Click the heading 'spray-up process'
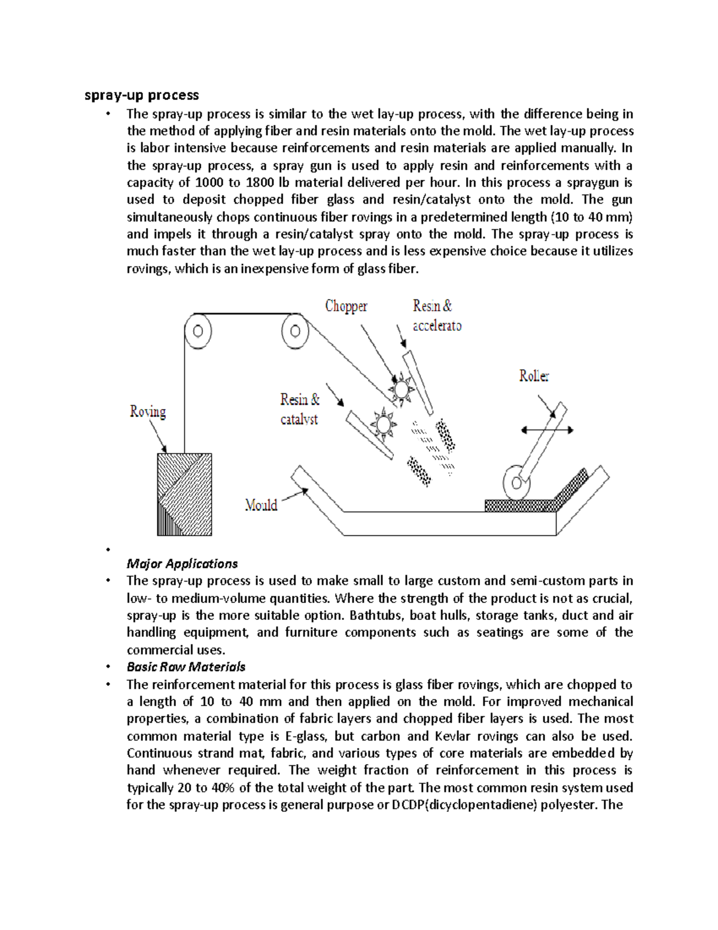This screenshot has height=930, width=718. (142, 95)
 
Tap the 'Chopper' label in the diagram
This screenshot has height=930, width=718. (346, 307)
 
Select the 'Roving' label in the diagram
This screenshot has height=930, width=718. (148, 411)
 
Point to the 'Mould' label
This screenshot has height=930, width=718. (261, 505)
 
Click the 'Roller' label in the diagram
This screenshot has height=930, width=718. (534, 376)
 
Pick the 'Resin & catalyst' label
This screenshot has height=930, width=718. (300, 409)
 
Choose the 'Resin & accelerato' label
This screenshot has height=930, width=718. (437, 316)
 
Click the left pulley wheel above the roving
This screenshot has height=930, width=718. (198, 331)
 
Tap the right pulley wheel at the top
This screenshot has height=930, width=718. (295, 331)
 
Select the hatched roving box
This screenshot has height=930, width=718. (184, 494)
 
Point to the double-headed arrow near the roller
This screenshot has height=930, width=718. (547, 429)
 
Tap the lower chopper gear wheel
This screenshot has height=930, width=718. (383, 425)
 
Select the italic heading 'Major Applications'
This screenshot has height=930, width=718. (182, 564)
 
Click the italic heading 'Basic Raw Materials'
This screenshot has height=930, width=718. (186, 667)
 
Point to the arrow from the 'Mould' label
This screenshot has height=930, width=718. (294, 495)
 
